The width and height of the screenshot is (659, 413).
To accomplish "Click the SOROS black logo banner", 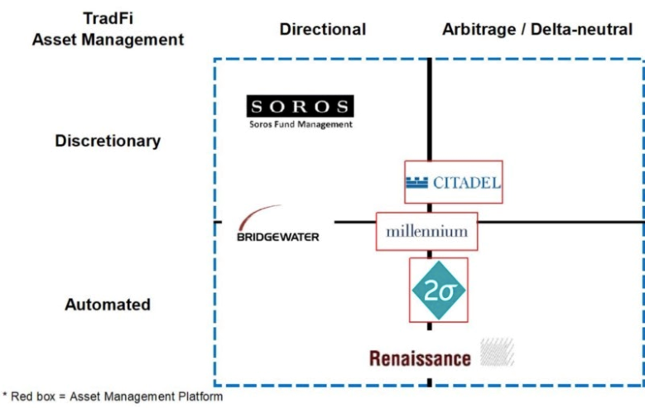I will (x=300, y=107).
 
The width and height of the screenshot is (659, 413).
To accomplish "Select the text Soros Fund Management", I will (x=301, y=125).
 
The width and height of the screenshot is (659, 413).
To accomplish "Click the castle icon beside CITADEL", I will (x=417, y=182).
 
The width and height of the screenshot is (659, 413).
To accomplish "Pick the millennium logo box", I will (x=426, y=231).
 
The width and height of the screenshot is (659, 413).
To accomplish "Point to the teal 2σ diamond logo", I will (x=439, y=290).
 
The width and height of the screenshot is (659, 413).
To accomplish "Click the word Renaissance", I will (x=420, y=358).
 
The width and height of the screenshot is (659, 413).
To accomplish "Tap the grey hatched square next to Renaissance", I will (x=498, y=352).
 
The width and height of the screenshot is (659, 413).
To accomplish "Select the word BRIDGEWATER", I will (x=278, y=237).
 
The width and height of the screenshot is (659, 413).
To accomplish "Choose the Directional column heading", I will (x=322, y=30).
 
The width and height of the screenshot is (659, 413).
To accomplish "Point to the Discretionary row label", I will (x=108, y=141).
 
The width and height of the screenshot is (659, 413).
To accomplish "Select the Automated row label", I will (x=108, y=305).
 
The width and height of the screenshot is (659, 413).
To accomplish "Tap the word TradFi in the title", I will (x=108, y=19).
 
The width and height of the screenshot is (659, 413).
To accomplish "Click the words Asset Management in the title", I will (x=108, y=40).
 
